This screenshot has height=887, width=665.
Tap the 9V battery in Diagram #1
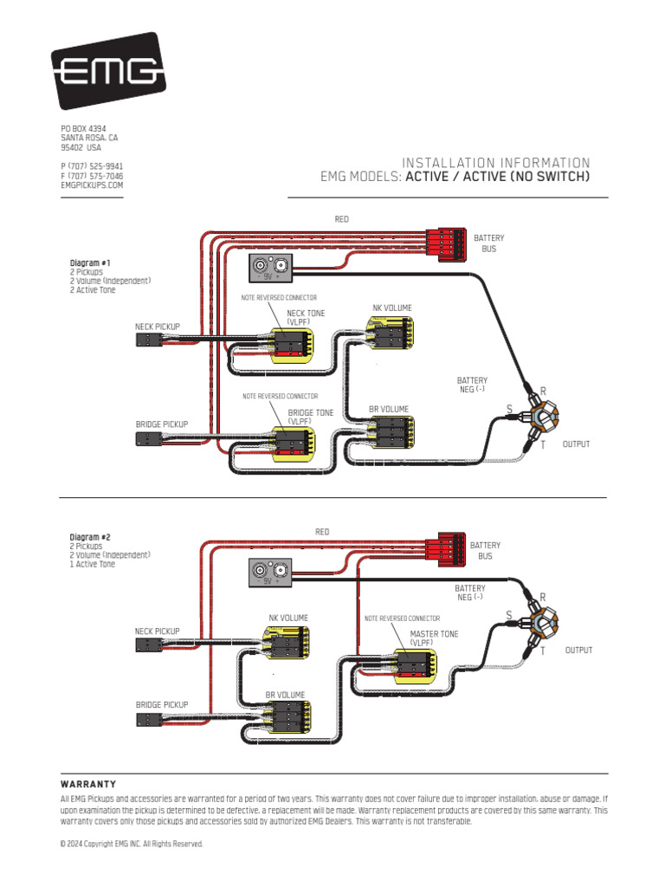(x=271, y=268)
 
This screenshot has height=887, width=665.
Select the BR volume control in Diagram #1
(x=390, y=431)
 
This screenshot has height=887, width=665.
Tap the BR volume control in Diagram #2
(x=287, y=718)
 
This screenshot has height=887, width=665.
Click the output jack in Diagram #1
(x=543, y=418)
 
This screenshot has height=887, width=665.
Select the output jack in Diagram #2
(x=543, y=622)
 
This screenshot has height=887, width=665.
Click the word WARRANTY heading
(x=88, y=783)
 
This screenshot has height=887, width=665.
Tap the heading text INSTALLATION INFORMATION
(x=496, y=163)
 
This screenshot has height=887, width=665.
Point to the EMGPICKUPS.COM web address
(x=92, y=185)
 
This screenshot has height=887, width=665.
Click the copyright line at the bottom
(x=131, y=844)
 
